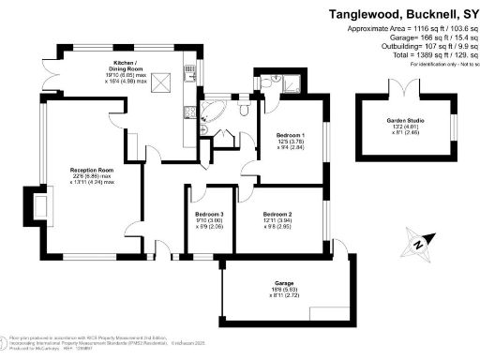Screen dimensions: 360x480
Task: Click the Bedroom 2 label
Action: tap(277, 214)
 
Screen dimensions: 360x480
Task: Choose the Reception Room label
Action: tap(92, 170)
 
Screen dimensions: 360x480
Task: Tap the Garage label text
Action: tap(285, 282)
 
